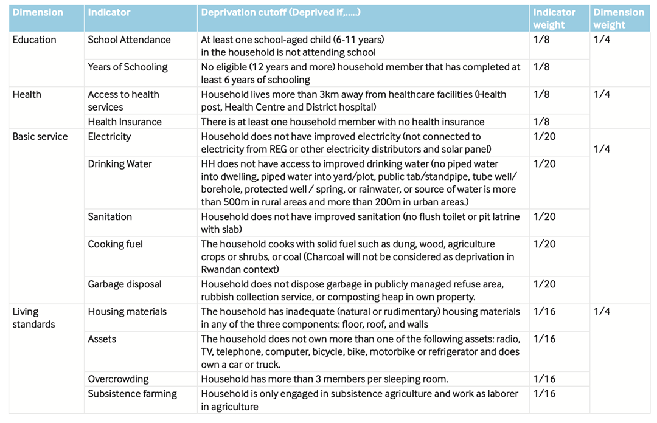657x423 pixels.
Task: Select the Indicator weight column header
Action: (554, 18)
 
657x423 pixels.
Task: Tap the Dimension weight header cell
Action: (619, 18)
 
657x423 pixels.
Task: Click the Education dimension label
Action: (34, 40)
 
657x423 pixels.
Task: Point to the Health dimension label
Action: (27, 95)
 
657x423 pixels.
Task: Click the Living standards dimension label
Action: (34, 318)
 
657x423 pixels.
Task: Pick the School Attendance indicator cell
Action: (129, 40)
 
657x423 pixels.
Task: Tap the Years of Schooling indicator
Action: (128, 67)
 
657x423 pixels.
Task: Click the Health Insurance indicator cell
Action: (125, 122)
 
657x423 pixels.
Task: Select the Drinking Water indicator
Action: (120, 164)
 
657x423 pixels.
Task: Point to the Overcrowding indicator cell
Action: (118, 379)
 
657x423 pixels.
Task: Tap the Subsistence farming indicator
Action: (132, 394)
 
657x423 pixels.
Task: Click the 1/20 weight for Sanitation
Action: (544, 217)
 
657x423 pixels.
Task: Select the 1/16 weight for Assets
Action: (544, 339)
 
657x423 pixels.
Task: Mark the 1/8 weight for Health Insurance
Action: (541, 122)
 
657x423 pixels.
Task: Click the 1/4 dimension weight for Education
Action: (602, 40)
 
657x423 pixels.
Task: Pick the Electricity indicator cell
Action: (109, 137)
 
